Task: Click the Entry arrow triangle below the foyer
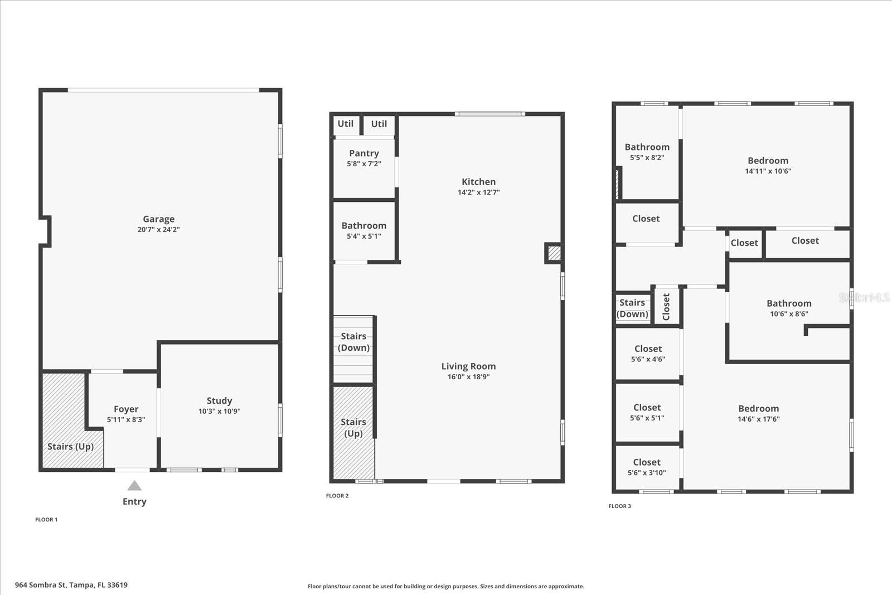(x=134, y=486)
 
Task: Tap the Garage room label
(x=158, y=219)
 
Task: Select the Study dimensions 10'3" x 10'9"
(x=219, y=412)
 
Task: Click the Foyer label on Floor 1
(x=126, y=409)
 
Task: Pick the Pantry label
(x=364, y=153)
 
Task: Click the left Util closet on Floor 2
(x=346, y=124)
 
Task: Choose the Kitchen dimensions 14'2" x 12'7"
(x=478, y=192)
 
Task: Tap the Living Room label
(x=468, y=366)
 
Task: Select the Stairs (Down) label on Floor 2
(x=353, y=342)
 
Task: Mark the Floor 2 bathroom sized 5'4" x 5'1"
(x=364, y=230)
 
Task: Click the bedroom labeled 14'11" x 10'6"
(x=768, y=166)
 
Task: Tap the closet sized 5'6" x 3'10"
(x=647, y=467)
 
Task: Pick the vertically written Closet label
(x=666, y=307)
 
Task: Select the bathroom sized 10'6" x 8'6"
(x=789, y=308)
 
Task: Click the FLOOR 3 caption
(x=619, y=506)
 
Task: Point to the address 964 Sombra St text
(x=71, y=585)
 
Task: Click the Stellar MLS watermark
(x=864, y=298)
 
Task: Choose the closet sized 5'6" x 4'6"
(x=648, y=354)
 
